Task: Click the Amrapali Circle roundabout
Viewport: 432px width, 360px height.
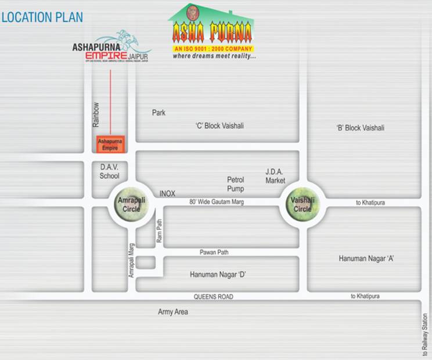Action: (128, 205)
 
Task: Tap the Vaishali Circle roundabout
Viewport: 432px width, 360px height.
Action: (303, 205)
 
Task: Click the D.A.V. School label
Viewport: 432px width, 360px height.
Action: (109, 171)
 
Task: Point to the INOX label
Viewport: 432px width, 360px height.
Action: (167, 193)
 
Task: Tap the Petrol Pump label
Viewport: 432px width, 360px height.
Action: (236, 184)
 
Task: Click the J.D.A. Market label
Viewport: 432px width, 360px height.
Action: (276, 176)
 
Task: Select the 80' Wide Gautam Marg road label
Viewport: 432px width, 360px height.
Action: (217, 201)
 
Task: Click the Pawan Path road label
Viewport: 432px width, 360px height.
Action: (214, 253)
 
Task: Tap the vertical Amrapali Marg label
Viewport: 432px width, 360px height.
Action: (131, 260)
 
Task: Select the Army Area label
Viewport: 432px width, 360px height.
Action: (173, 312)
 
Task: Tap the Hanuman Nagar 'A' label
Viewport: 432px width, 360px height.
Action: (366, 258)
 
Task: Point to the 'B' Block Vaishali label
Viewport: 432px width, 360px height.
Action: (360, 128)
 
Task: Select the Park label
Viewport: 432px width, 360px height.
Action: (159, 113)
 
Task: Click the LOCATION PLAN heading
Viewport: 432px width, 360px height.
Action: (42, 17)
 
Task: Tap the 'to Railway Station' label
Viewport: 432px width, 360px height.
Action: (425, 335)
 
